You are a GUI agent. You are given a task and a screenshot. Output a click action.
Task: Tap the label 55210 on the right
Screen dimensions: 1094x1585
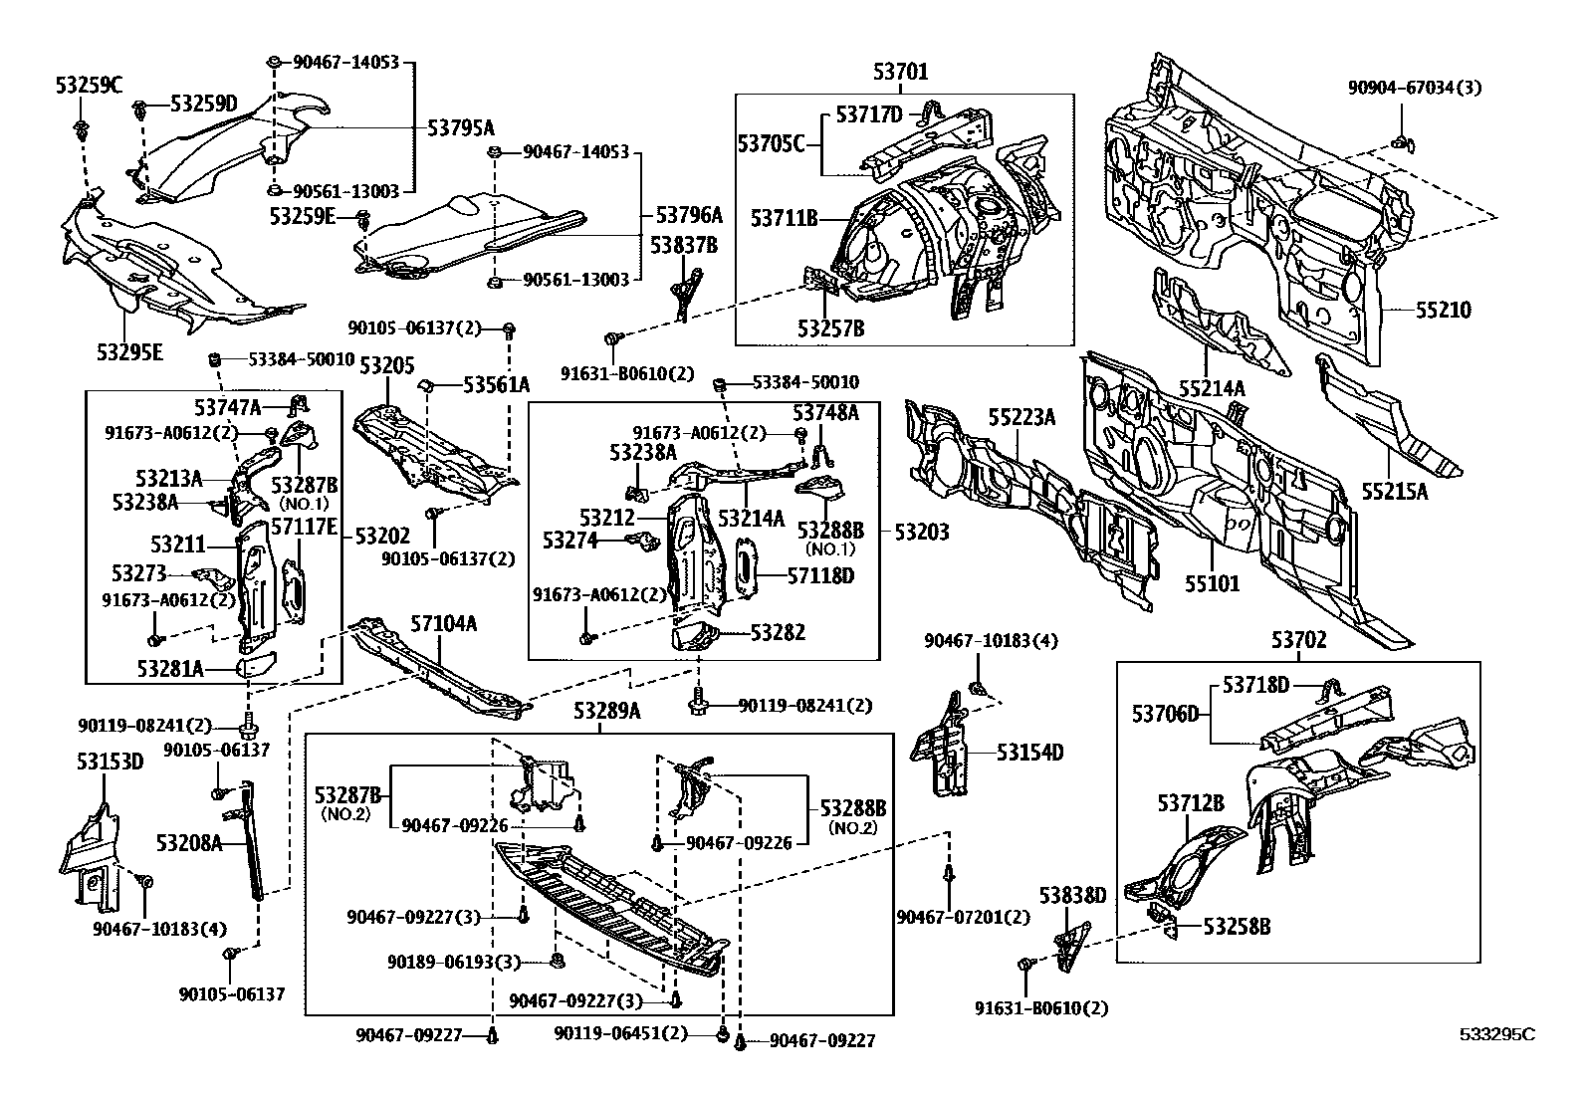pyautogui.click(x=1444, y=310)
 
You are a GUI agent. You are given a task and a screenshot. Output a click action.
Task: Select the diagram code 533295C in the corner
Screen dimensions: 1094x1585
pyautogui.click(x=1497, y=1034)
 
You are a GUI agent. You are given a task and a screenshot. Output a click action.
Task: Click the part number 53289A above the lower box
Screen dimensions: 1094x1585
pyautogui.click(x=606, y=712)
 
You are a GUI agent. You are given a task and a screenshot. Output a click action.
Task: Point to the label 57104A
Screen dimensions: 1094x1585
pyautogui.click(x=444, y=624)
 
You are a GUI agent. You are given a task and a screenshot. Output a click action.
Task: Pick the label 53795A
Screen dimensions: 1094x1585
pyautogui.click(x=461, y=127)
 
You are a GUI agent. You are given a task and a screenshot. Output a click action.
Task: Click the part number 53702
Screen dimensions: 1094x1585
pyautogui.click(x=1298, y=640)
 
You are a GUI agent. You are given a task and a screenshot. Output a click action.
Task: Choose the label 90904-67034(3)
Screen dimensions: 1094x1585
pyautogui.click(x=1415, y=88)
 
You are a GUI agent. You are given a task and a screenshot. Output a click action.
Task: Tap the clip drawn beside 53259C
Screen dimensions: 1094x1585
pyautogui.click(x=81, y=128)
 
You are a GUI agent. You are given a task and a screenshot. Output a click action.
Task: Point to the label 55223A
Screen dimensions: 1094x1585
pyautogui.click(x=1021, y=417)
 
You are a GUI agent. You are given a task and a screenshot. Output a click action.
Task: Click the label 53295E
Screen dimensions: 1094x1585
pyautogui.click(x=129, y=350)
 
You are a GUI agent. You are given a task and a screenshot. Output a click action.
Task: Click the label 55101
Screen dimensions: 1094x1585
pyautogui.click(x=1212, y=582)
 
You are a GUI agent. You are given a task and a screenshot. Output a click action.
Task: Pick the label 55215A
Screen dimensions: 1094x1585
pyautogui.click(x=1395, y=491)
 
